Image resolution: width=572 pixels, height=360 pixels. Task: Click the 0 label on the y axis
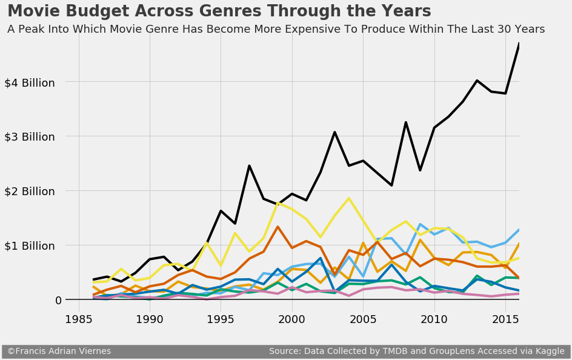[x=58, y=301]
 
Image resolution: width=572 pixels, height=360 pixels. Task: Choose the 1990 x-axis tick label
[x=150, y=319]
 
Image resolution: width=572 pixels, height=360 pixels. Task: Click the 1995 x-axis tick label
[x=221, y=319]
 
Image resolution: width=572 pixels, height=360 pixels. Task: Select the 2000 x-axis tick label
[x=292, y=319]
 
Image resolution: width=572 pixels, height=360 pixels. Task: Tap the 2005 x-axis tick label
[x=363, y=319]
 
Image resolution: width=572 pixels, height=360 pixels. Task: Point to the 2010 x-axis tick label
[x=434, y=319]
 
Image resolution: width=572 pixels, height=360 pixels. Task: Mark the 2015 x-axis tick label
[x=505, y=319]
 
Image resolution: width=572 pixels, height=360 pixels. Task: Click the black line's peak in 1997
[x=249, y=165]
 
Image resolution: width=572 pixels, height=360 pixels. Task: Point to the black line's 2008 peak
[x=405, y=122]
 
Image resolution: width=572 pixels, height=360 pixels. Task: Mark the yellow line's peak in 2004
[x=348, y=198]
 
